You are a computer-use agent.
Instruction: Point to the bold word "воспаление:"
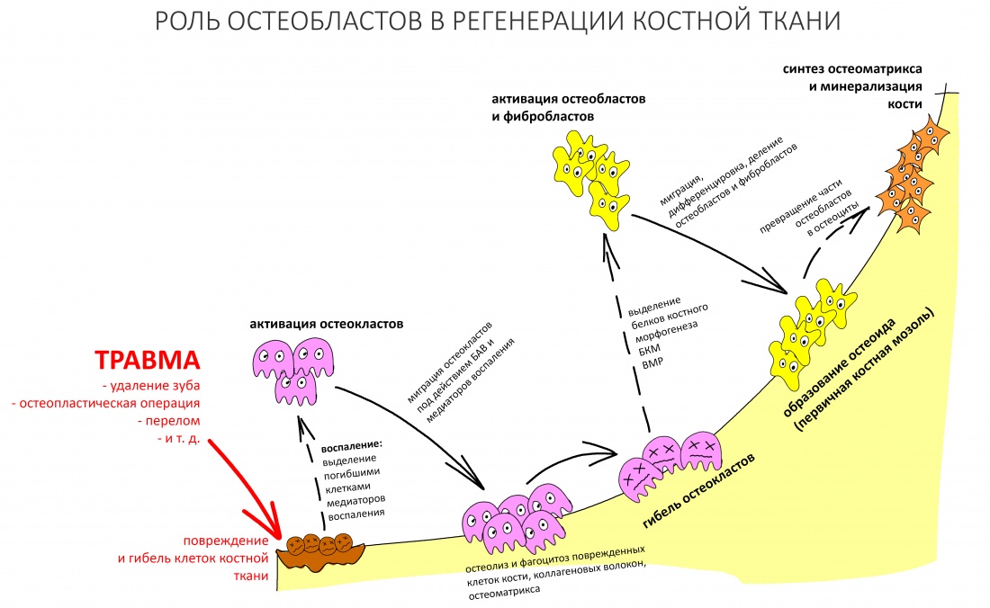[353, 444]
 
